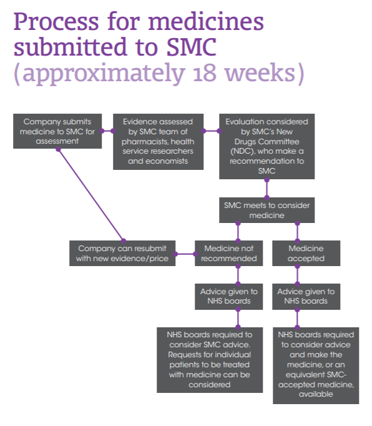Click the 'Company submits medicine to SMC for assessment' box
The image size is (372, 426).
tap(57, 131)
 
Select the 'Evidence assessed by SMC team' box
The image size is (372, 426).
tap(158, 142)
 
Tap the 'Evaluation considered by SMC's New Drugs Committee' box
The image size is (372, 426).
tap(267, 146)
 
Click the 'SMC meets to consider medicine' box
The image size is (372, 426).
tap(267, 211)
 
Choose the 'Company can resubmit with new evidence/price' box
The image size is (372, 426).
tap(122, 253)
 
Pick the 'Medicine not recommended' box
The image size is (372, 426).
tap(228, 253)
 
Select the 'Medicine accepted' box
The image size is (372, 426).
tap(306, 253)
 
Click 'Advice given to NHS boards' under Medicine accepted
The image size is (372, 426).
tap(306, 297)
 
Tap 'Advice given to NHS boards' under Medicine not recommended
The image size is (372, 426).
tap(228, 297)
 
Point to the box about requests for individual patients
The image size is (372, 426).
tap(210, 360)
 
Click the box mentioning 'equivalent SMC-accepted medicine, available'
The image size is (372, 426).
tap(316, 365)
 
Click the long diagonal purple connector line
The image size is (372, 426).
tap(91, 195)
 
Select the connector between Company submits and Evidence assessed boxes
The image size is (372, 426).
tap(107, 131)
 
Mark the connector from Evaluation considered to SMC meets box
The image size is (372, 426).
tap(267, 189)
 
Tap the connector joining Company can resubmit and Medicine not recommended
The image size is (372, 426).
tap(185, 254)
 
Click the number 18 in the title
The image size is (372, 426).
tap(205, 73)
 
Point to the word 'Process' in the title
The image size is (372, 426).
tap(56, 22)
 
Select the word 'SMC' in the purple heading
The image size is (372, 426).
tap(192, 47)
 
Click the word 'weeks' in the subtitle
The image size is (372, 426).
tap(260, 73)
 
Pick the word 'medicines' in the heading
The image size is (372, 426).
tap(206, 21)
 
